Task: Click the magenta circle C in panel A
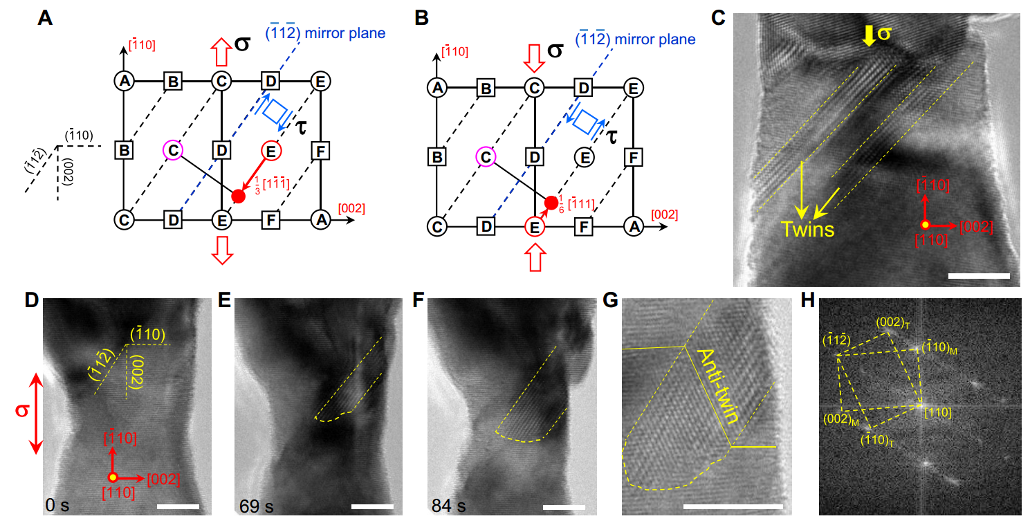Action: [173, 149]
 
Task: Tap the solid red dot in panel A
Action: [238, 196]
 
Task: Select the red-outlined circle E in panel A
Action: [270, 149]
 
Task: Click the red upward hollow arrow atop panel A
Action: [221, 51]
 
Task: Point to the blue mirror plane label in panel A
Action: [325, 33]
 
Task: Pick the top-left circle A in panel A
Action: [124, 81]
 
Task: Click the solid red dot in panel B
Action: [551, 203]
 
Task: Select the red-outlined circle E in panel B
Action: [533, 226]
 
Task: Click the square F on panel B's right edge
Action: [632, 157]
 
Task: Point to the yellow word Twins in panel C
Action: [807, 229]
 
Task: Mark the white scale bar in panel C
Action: [979, 276]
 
